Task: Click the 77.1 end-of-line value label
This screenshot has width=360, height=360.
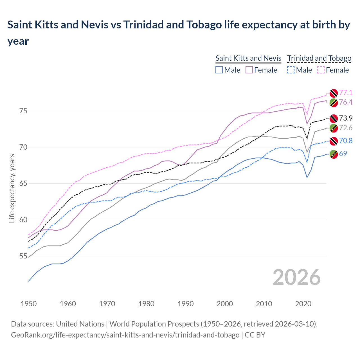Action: pos(346,93)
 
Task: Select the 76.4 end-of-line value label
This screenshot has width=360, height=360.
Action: pos(346,102)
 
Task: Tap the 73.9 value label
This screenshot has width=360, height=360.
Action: pos(346,118)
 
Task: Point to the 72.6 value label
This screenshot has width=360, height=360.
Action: pos(346,128)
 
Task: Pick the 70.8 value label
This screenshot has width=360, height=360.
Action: pos(346,141)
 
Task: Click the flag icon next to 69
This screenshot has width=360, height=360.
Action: pos(334,154)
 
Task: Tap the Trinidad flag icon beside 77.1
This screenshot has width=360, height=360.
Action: pos(334,93)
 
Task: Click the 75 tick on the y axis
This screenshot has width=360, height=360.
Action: pos(23,111)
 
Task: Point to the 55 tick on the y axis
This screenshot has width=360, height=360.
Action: pos(23,256)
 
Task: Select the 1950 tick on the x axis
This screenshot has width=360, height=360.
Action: pos(29,304)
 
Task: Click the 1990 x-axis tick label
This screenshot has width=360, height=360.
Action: pos(186,304)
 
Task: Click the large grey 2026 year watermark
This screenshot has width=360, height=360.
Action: pos(296,277)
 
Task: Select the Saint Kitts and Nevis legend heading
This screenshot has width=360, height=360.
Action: pos(248,58)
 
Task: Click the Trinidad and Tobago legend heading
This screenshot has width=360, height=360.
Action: pos(319,58)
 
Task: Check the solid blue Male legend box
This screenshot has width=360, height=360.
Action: pos(219,70)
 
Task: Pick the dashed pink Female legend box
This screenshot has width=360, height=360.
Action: pos(321,70)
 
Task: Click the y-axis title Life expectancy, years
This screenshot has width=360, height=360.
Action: pos(12,188)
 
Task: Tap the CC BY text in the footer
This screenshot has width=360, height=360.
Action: pos(255,335)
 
